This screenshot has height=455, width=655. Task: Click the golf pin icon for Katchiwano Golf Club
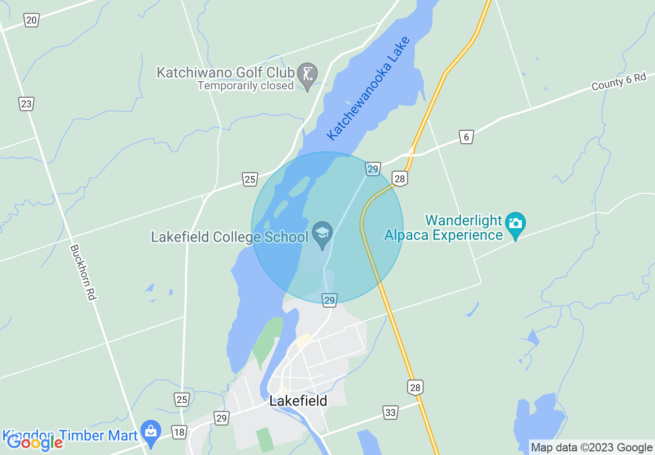(x=308, y=74)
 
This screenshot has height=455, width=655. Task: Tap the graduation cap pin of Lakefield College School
(x=322, y=233)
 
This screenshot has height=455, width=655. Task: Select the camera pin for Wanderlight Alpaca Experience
(x=515, y=223)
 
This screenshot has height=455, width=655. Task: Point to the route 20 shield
(x=31, y=20)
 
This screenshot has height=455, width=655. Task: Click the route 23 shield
(x=26, y=103)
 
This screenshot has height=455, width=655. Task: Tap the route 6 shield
(x=466, y=137)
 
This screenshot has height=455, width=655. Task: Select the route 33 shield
(x=391, y=413)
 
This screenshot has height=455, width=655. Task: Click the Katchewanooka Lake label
(x=368, y=88)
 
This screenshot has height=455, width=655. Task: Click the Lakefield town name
(x=298, y=401)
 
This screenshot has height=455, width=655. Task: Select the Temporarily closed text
(x=245, y=86)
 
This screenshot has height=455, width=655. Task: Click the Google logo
(x=35, y=443)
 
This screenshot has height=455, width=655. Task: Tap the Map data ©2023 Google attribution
(x=592, y=448)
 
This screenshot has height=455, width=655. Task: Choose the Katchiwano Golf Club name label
(x=226, y=72)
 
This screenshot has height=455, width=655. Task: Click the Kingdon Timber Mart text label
(x=70, y=435)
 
